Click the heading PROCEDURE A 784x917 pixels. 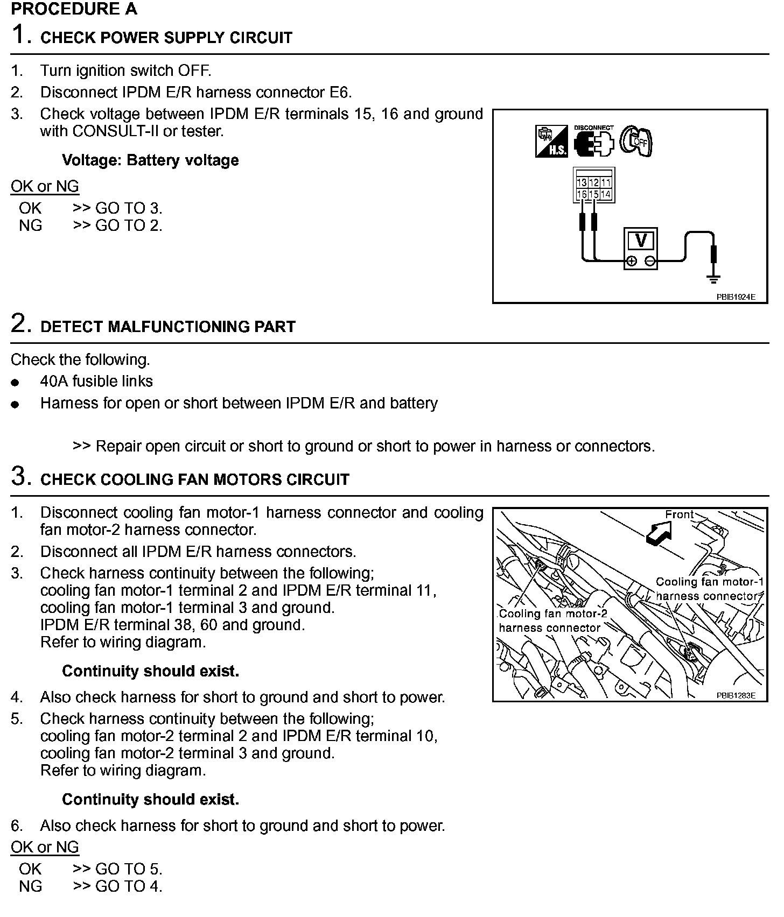(x=74, y=9)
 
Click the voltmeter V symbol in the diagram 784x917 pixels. (x=641, y=240)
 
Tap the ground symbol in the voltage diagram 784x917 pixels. (x=714, y=279)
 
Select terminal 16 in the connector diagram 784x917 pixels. (x=582, y=194)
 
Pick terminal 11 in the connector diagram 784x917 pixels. (x=606, y=183)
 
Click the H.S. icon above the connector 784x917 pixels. (x=551, y=141)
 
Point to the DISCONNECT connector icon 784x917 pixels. (x=593, y=142)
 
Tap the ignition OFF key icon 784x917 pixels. (x=636, y=141)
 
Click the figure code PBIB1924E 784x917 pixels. (x=736, y=297)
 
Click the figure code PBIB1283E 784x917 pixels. (x=736, y=695)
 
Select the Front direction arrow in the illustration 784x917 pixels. (x=659, y=533)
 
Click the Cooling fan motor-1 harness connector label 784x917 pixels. (x=709, y=589)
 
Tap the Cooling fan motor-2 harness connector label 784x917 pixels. (x=552, y=620)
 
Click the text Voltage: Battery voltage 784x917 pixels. (x=150, y=160)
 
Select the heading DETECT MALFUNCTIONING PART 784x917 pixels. (x=168, y=327)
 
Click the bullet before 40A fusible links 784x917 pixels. (x=16, y=383)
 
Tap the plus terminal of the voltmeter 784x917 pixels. (x=632, y=262)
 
